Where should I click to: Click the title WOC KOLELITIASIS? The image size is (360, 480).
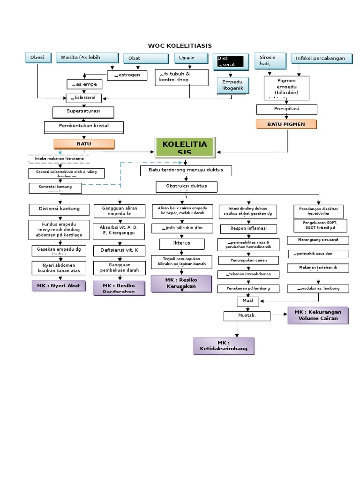(x=180, y=45)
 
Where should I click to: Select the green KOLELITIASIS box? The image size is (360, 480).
(x=184, y=147)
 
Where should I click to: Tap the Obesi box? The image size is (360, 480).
(x=37, y=58)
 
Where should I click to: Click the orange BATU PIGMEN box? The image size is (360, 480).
(x=286, y=124)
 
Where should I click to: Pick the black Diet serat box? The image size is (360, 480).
(x=230, y=61)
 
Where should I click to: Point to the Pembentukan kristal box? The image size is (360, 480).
(x=84, y=127)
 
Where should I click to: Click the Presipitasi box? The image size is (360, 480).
(x=286, y=109)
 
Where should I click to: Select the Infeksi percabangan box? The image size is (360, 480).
(x=321, y=59)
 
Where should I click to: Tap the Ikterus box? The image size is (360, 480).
(x=181, y=244)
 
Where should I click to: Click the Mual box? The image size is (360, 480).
(x=247, y=300)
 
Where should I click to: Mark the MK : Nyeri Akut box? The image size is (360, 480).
(x=59, y=285)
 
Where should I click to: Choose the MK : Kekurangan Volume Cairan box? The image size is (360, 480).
(x=318, y=315)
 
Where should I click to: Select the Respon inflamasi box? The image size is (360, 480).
(x=248, y=229)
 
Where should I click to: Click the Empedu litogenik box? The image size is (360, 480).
(x=232, y=85)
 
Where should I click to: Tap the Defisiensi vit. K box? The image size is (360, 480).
(x=119, y=250)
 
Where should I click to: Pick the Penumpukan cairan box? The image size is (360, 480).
(x=248, y=260)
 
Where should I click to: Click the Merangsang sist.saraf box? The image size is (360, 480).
(x=318, y=240)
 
